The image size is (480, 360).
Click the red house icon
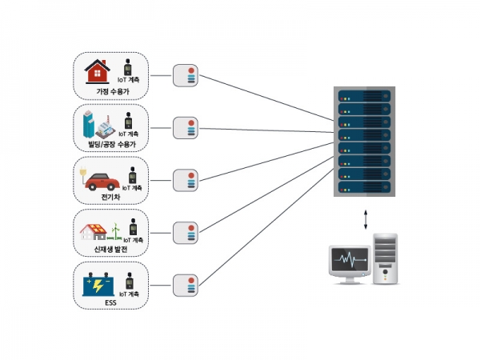97,71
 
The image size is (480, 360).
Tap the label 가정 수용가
113,91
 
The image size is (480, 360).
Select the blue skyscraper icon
89,124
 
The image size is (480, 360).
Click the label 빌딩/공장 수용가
112,144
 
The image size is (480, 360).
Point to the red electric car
102,182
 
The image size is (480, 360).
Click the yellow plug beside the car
82,171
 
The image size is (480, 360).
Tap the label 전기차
110,197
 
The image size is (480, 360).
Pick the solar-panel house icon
93,232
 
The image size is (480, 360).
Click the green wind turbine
115,232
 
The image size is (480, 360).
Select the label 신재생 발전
110,250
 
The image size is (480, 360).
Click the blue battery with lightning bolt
98,284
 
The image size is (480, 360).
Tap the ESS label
110,302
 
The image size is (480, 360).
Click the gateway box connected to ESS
186,286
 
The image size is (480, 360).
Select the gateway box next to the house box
186,76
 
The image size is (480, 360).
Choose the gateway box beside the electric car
186,180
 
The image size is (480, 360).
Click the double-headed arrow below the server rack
366,219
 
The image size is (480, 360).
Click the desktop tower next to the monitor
386,259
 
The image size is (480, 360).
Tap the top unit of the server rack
364,96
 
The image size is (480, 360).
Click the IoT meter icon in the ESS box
130,281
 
